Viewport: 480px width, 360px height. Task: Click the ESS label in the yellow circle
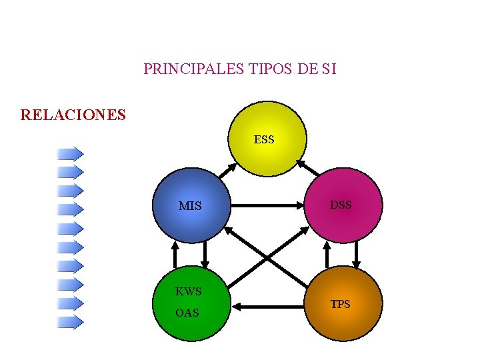click(264, 140)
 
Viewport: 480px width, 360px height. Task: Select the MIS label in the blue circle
click(190, 206)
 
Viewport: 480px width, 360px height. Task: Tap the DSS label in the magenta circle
click(341, 205)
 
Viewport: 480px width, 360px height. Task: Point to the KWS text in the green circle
click(189, 291)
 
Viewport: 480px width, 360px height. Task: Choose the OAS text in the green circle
click(187, 313)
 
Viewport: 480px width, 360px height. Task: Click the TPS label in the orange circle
click(341, 305)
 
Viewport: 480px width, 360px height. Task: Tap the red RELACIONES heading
click(73, 115)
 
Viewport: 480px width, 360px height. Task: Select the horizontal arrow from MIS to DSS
click(267, 207)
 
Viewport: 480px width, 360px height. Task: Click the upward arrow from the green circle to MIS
click(175, 253)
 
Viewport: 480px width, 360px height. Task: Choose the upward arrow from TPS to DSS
click(327, 253)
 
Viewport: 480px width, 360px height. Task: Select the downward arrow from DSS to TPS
click(357, 253)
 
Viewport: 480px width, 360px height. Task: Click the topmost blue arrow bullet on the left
click(70, 153)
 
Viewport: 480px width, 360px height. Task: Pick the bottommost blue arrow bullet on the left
click(70, 323)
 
